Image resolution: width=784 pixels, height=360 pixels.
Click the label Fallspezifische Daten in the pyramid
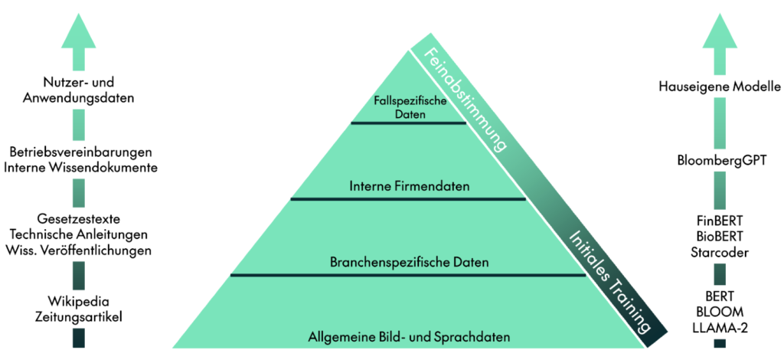point(408,106)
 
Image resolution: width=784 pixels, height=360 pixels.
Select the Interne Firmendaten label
point(409,186)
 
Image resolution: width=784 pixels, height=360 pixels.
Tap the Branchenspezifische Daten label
point(409,263)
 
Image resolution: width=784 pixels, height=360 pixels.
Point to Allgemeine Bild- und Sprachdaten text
point(409,336)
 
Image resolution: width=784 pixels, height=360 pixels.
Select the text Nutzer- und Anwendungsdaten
point(78,90)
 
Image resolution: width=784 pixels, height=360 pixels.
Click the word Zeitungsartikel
point(80,316)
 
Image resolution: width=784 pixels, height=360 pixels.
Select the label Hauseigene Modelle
point(719,87)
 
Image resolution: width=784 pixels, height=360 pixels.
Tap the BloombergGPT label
point(719,161)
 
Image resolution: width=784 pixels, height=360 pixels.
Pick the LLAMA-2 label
point(719,326)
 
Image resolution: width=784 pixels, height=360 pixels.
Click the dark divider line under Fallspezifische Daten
point(408,123)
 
